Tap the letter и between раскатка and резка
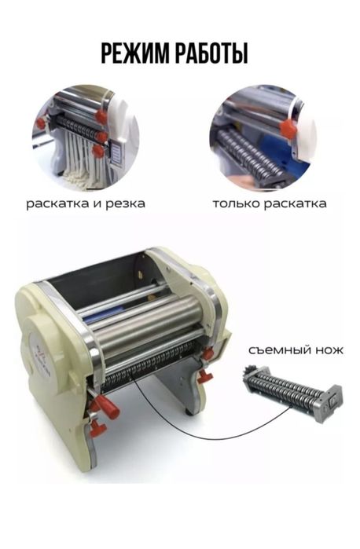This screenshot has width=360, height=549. click(98, 203)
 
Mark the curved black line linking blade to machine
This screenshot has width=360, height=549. click(189, 428)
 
